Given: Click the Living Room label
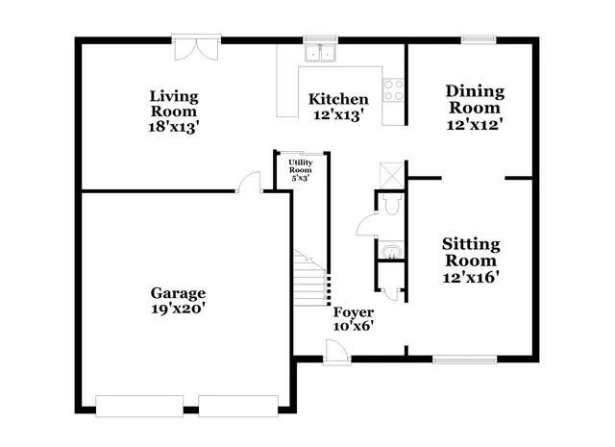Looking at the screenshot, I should click(174, 96).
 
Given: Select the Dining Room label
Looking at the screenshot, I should click(474, 92).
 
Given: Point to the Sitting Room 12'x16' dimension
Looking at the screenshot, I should click(471, 277).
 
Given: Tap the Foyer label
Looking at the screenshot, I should click(353, 312).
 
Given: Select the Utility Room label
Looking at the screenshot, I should click(300, 165).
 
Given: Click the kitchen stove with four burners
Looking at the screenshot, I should click(394, 90).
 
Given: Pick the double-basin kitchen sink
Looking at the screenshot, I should click(318, 53).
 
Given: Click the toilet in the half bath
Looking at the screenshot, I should click(389, 203).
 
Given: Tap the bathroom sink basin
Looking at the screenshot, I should click(390, 254).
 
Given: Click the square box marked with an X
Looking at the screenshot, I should click(390, 173).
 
